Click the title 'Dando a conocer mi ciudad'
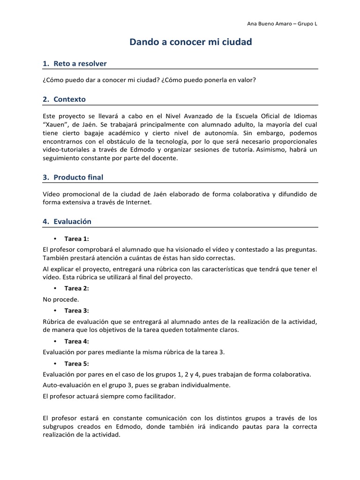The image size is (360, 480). pyautogui.click(x=190, y=42)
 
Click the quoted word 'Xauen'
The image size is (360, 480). pyautogui.click(x=56, y=124)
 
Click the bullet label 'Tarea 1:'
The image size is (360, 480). pyautogui.click(x=76, y=239)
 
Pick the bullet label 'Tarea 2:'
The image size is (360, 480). pyautogui.click(x=76, y=288)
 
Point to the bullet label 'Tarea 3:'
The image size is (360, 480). pyautogui.click(x=76, y=310)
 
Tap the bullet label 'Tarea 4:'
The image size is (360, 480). pyautogui.click(x=76, y=341)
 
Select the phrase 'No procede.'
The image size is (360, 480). pyautogui.click(x=60, y=299)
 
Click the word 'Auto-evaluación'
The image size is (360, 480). pyautogui.click(x=65, y=385)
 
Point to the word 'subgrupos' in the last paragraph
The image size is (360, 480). pyautogui.click(x=57, y=427)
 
